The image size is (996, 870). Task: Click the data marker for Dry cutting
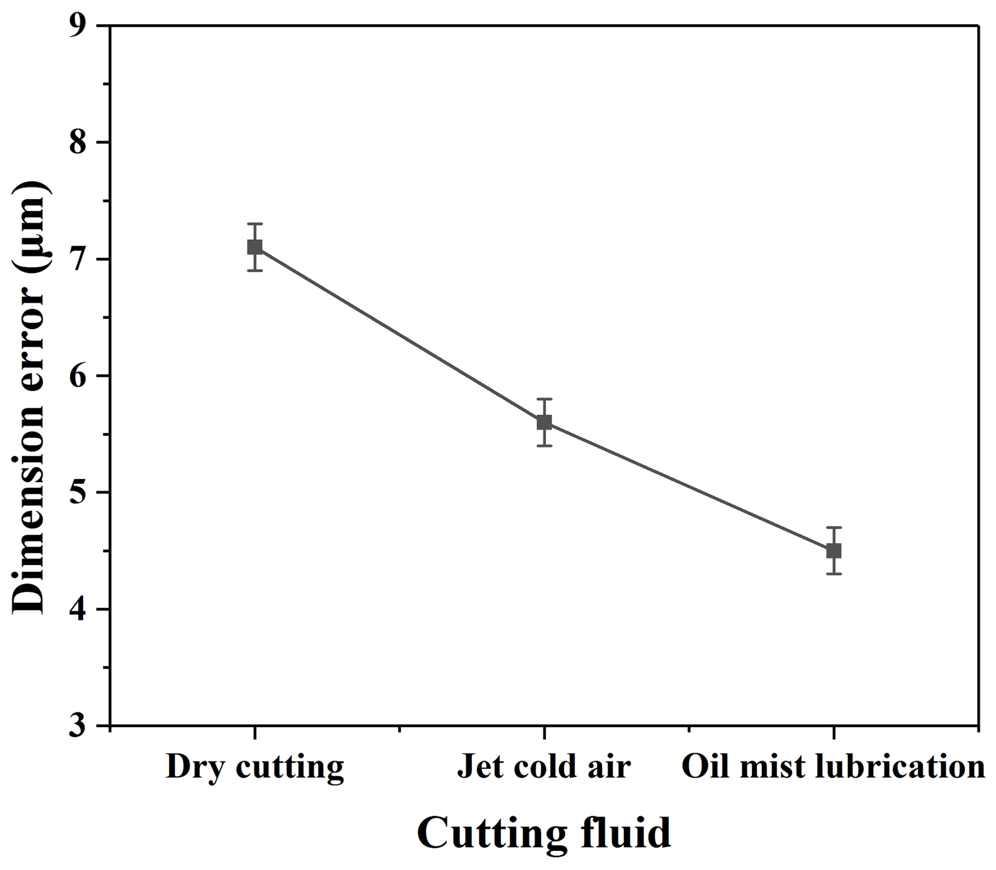255,247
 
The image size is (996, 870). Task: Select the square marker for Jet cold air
544,422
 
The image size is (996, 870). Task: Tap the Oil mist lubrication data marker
834,551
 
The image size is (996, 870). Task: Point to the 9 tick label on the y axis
77,26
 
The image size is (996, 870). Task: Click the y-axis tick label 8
77,142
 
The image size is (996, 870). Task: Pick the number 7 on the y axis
77,259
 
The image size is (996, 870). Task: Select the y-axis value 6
77,376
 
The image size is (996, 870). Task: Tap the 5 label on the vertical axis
77,493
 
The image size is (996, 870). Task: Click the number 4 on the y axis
77,610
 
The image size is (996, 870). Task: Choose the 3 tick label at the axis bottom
77,726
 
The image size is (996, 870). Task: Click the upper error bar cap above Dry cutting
255,224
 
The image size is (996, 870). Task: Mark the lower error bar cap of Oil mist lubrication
834,574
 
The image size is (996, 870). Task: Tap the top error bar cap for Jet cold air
544,399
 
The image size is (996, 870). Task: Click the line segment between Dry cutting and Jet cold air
400,335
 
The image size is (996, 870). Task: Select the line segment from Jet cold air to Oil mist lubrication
689,486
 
